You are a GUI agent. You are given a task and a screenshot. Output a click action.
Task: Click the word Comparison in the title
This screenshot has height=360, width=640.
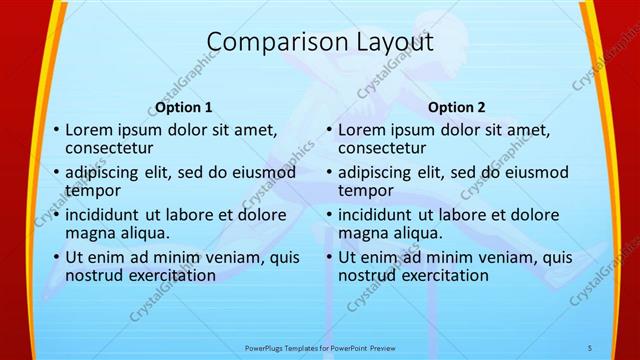pyautogui.click(x=269, y=42)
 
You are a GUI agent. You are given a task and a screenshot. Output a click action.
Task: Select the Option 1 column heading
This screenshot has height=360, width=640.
pyautogui.click(x=184, y=107)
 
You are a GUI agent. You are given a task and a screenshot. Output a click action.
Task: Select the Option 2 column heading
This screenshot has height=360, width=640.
pyautogui.click(x=456, y=107)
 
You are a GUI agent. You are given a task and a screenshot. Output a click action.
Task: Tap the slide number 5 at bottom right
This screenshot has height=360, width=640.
pyautogui.click(x=590, y=346)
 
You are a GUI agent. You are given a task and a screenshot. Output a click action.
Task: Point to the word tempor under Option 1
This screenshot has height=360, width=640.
pyautogui.click(x=92, y=190)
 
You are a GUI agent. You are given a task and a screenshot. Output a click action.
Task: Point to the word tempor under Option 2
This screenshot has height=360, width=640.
pyautogui.click(x=365, y=190)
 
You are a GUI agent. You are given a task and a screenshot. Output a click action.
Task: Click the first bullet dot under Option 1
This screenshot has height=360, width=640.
pyautogui.click(x=56, y=130)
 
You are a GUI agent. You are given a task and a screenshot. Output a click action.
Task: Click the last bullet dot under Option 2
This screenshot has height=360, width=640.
pyautogui.click(x=329, y=258)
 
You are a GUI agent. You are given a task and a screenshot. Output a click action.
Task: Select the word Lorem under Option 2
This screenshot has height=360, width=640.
pyautogui.click(x=361, y=129)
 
